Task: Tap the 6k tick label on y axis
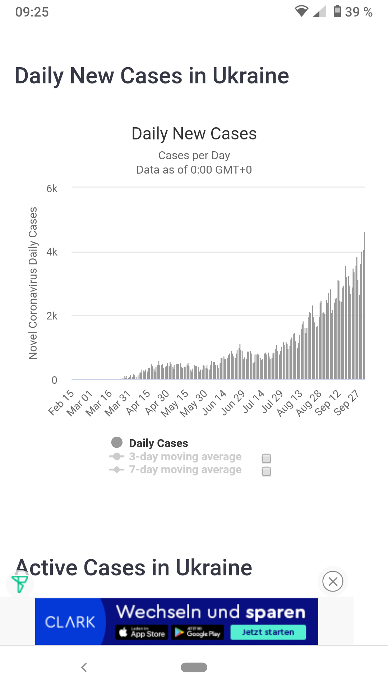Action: pyautogui.click(x=52, y=189)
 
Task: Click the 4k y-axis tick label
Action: pyautogui.click(x=52, y=252)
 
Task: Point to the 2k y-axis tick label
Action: pyautogui.click(x=52, y=316)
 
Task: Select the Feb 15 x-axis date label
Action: pyautogui.click(x=61, y=402)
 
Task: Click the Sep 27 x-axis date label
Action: pyautogui.click(x=346, y=402)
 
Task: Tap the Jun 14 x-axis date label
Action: pyautogui.click(x=214, y=402)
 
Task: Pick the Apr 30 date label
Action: pyautogui.click(x=157, y=402)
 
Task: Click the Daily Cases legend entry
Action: pyautogui.click(x=158, y=443)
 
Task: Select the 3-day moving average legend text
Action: pyautogui.click(x=185, y=456)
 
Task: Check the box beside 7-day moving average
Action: pyautogui.click(x=267, y=471)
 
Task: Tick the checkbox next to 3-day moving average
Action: pyautogui.click(x=267, y=458)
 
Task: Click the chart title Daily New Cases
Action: pyautogui.click(x=194, y=134)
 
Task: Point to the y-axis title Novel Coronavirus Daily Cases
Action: pyautogui.click(x=33, y=283)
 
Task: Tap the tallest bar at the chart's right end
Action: pyautogui.click(x=364, y=305)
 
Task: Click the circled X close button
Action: pyautogui.click(x=333, y=581)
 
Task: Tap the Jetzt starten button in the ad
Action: pyautogui.click(x=268, y=632)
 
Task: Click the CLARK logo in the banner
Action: pyautogui.click(x=70, y=622)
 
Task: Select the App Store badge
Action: pyautogui.click(x=142, y=632)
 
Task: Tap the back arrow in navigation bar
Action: pyautogui.click(x=84, y=667)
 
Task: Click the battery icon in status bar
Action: pyautogui.click(x=337, y=11)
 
